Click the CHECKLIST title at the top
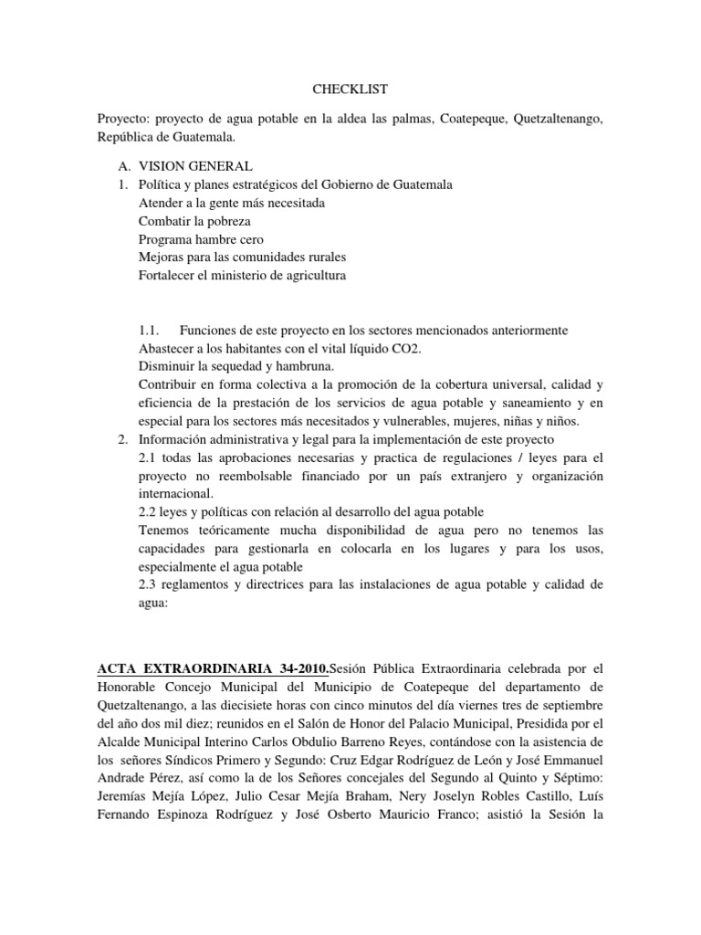(x=350, y=89)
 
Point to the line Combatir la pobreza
(x=194, y=221)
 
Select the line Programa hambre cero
(x=201, y=239)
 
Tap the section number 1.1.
(x=150, y=330)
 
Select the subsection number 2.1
(x=147, y=457)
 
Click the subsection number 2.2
(x=147, y=511)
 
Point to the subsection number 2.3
(x=147, y=584)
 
